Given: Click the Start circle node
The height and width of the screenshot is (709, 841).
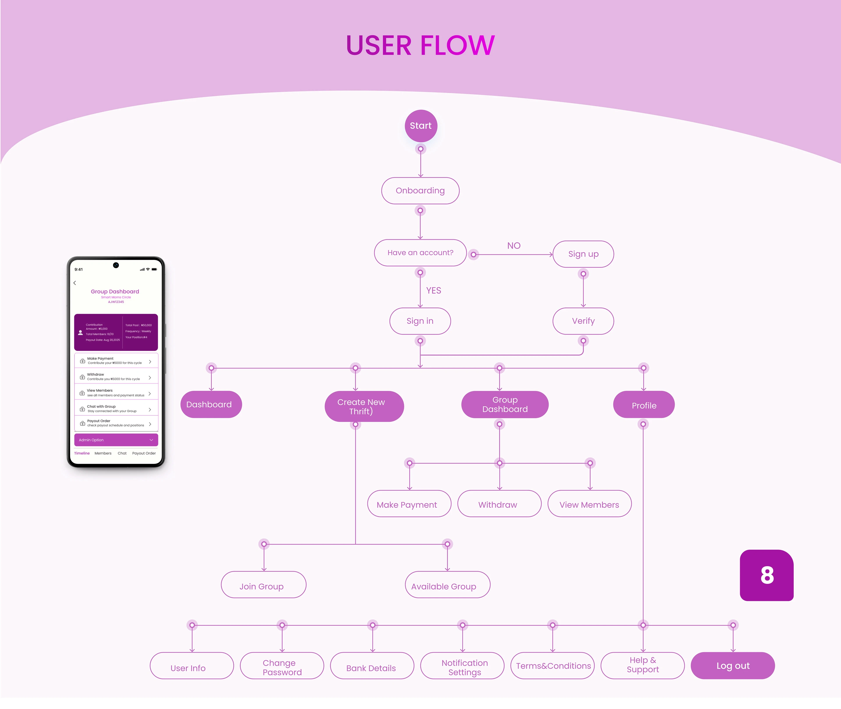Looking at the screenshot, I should click(x=421, y=126).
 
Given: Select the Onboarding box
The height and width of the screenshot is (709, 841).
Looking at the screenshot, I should click(x=420, y=191).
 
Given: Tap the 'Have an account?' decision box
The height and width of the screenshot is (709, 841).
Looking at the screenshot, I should click(x=420, y=253).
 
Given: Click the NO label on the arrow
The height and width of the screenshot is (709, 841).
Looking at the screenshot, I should click(x=514, y=246).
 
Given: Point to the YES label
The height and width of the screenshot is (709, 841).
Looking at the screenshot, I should click(x=434, y=291).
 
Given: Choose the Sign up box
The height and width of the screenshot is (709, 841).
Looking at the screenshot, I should click(x=583, y=254).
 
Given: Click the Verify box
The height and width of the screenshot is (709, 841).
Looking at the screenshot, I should click(x=583, y=321).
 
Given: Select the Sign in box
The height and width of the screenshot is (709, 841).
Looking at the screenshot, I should click(x=420, y=321).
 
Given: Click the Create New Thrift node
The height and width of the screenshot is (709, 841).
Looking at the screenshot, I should click(x=364, y=406).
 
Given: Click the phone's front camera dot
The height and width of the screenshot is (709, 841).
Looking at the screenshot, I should click(x=116, y=265).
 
